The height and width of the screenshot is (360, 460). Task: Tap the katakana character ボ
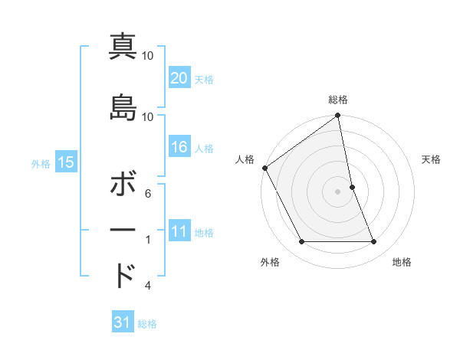123,185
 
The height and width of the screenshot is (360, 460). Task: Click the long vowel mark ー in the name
123,231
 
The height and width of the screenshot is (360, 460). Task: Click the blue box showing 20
179,78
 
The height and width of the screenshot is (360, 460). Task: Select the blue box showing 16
179,147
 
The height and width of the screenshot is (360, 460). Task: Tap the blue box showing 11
179,231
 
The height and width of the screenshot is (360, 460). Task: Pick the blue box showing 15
65,162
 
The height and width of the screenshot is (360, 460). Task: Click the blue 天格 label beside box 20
204,80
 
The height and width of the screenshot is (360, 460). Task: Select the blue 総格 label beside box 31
147,324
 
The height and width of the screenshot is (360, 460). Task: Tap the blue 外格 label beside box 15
41,163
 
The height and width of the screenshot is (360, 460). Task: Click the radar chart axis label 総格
338,100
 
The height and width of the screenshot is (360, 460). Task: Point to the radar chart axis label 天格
431,159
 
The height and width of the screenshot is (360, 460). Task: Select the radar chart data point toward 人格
265,168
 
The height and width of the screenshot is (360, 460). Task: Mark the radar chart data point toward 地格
374,242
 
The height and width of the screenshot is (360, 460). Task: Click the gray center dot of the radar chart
338,191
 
